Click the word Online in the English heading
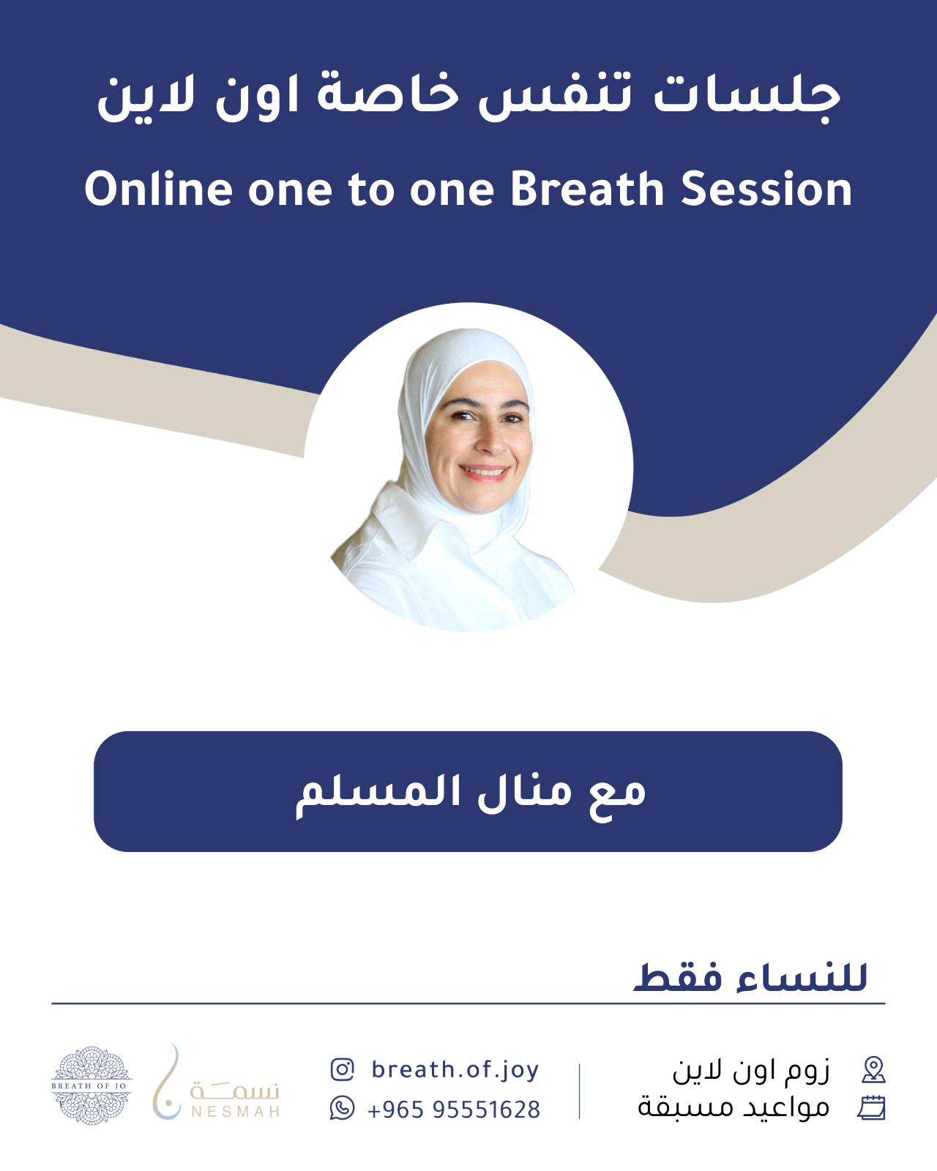158,189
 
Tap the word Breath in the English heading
588,189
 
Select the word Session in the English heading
766,189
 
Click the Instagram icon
343,1069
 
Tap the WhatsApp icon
343,1108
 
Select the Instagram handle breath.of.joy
455,1070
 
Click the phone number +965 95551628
454,1110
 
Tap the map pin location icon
874,1070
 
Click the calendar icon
872,1108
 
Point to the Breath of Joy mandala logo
92,1085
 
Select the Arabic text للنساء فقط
750,976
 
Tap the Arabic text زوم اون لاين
751,1070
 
